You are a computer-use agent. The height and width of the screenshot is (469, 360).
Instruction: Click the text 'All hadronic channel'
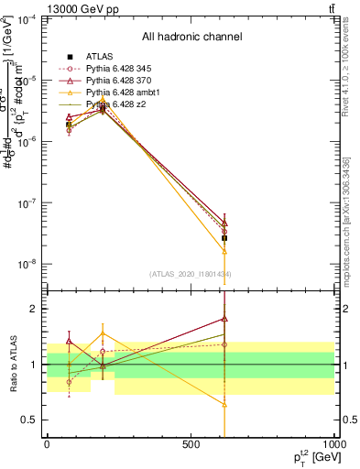(x=191, y=37)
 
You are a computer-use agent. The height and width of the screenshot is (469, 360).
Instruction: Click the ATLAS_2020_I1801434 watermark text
(x=191, y=275)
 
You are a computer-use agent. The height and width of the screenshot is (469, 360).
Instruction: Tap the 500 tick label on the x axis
(x=191, y=445)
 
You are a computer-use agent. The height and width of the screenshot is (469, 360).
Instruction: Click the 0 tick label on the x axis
(x=47, y=445)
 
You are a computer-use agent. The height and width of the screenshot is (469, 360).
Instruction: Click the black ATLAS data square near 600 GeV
(x=224, y=237)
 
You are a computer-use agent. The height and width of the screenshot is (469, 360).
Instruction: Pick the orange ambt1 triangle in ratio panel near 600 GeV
(x=224, y=404)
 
